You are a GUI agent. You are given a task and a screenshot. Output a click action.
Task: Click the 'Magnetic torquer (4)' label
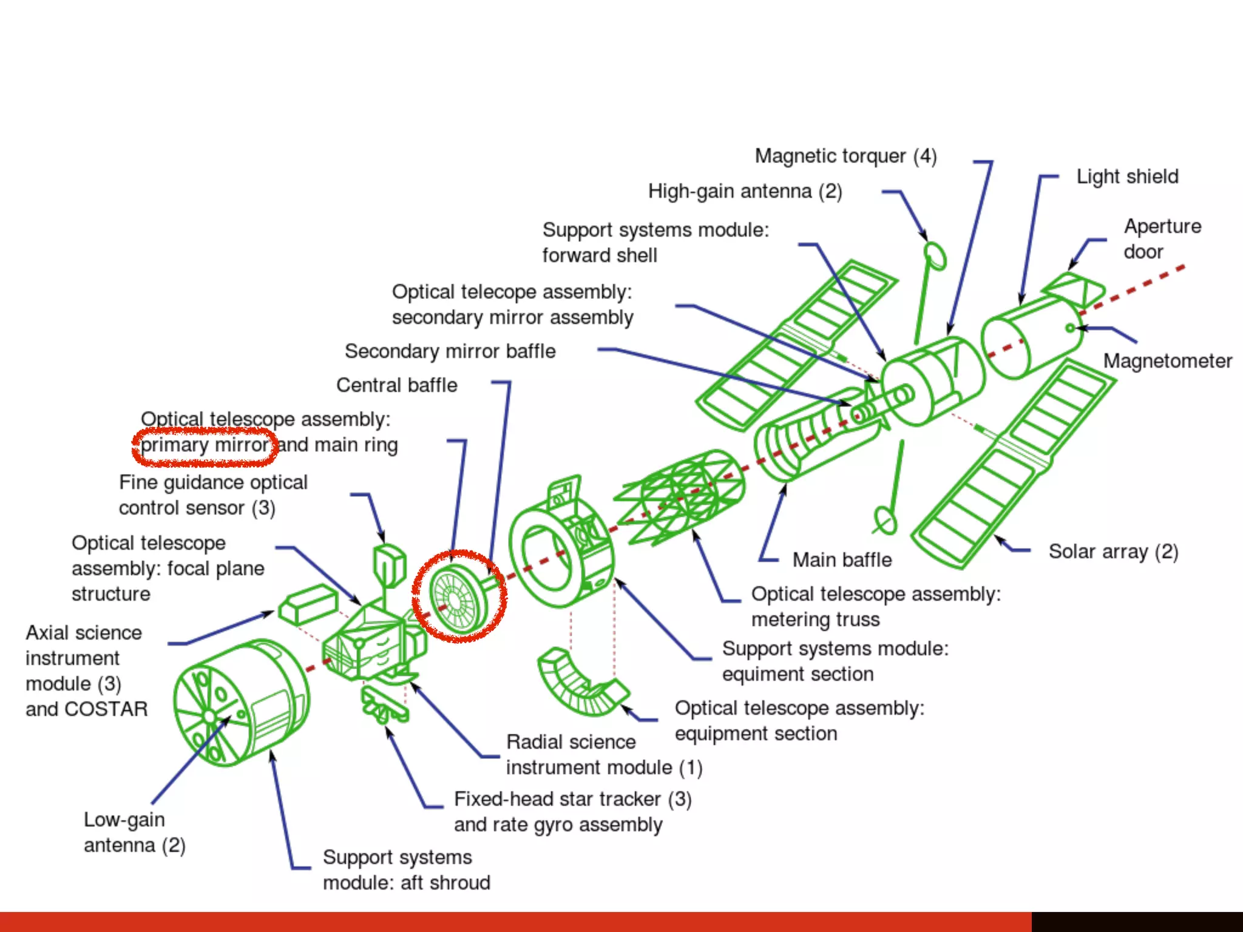pos(845,156)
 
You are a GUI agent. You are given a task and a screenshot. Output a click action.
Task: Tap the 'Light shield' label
pos(1127,177)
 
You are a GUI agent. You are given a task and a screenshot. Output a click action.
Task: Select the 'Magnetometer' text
pos(1167,361)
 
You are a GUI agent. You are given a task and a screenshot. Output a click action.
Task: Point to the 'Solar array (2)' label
pos(1113,552)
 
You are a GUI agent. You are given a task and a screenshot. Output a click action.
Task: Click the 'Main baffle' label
pos(842,559)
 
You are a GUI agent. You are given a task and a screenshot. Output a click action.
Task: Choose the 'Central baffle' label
pos(396,385)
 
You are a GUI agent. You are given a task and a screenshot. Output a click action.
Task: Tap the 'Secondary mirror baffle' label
pos(450,351)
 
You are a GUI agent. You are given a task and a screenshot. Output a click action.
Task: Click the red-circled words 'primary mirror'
pos(205,445)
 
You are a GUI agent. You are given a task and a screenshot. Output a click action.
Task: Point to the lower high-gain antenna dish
pos(885,521)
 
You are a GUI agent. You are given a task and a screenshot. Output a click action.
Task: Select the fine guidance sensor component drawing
pos(388,564)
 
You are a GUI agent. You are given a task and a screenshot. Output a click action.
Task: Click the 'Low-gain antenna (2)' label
pos(134,832)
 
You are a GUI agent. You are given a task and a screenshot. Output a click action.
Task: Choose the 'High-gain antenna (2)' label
pos(745,192)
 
